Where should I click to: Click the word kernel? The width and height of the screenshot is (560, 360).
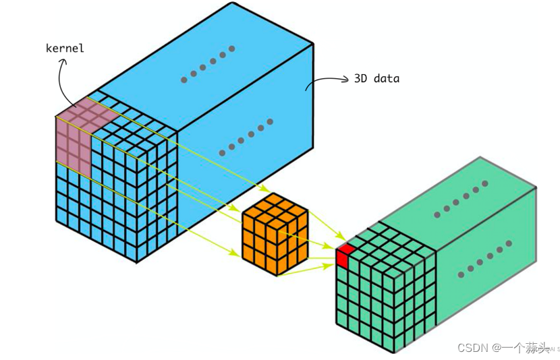(x=65, y=48)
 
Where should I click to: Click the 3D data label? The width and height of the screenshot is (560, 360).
(x=376, y=78)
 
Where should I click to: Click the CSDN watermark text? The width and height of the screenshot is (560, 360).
(x=472, y=347)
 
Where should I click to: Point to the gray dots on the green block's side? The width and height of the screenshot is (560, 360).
(x=484, y=262)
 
